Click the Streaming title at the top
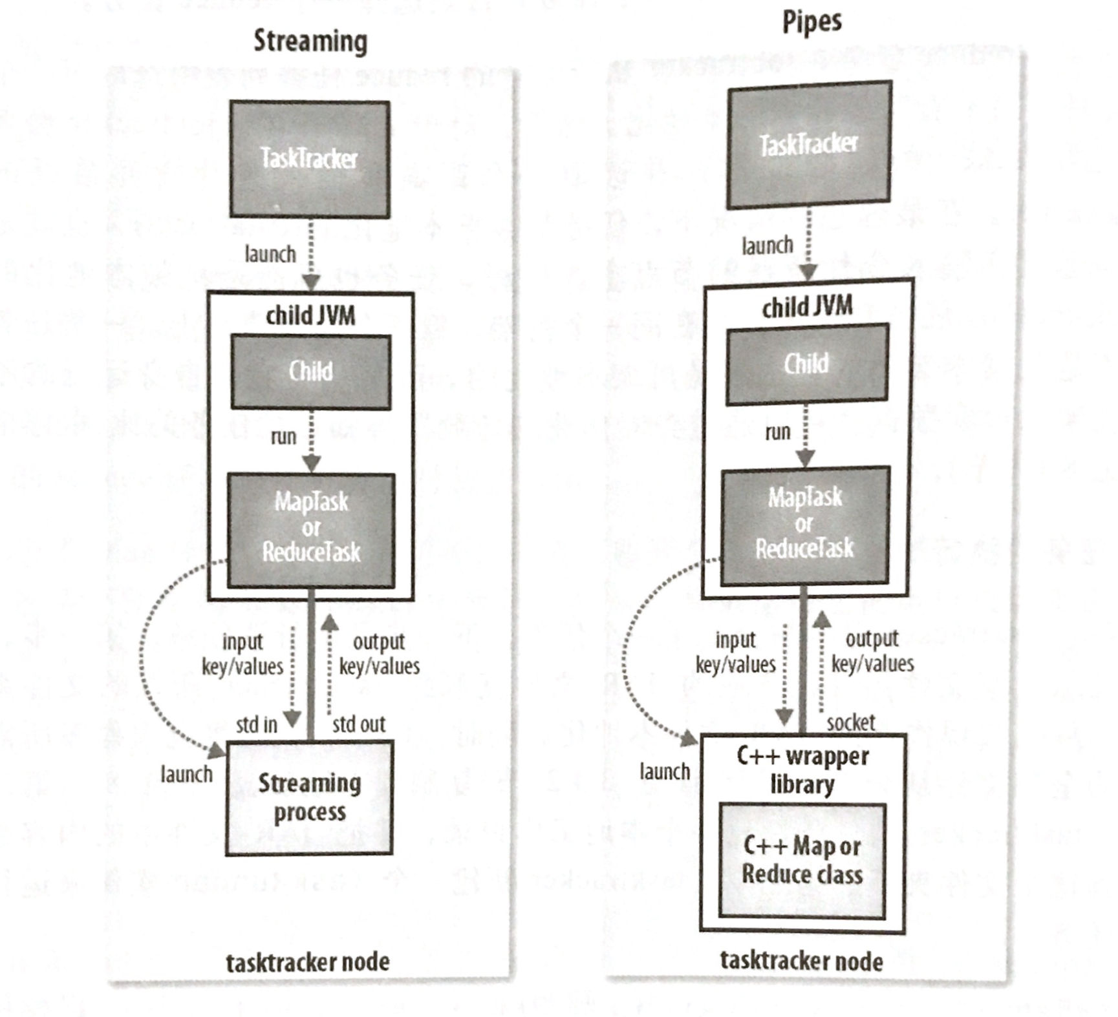[x=310, y=41]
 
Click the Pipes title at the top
[x=812, y=22]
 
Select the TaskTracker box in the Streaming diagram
[x=310, y=159]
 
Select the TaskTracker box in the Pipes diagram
[x=809, y=144]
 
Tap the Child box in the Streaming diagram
[x=310, y=372]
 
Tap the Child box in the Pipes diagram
[x=806, y=364]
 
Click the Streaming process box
[x=309, y=797]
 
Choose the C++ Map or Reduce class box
[x=802, y=860]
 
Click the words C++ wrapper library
[x=802, y=770]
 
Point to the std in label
[x=256, y=724]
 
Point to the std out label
[x=358, y=724]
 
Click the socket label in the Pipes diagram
[x=850, y=722]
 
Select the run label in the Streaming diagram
[x=283, y=437]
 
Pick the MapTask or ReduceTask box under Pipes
[x=805, y=523]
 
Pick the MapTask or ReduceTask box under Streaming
[x=311, y=527]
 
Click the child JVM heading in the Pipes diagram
[x=807, y=307]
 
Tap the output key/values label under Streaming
[x=380, y=654]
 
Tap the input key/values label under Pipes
[x=735, y=652]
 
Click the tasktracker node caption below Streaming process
[x=307, y=962]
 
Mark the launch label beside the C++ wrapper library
[x=665, y=771]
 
